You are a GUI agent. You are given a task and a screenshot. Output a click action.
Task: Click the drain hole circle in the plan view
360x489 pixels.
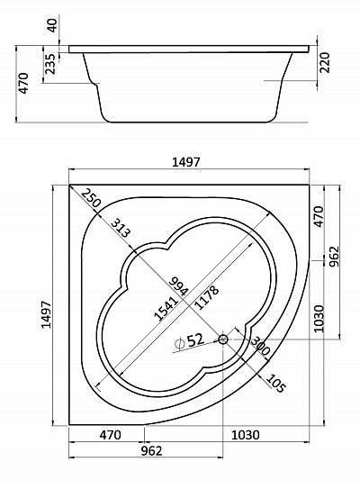pos(223,339)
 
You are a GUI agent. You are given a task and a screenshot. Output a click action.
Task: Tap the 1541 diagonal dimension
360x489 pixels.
pos(166,308)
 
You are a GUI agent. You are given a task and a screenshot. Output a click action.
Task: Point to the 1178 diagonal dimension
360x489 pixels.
pos(206,297)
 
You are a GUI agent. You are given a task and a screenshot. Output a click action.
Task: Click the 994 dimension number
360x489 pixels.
pos(179,286)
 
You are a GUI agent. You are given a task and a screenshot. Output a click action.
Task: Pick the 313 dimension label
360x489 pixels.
pos(120,228)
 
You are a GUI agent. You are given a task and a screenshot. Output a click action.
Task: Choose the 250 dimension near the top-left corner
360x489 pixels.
pos(91,198)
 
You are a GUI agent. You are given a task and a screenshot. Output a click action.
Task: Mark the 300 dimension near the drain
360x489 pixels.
pos(260,346)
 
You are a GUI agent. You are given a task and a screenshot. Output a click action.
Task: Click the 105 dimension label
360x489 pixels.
pos(275,383)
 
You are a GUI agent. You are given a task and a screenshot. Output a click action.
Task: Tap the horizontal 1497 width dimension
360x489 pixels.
pos(185,162)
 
